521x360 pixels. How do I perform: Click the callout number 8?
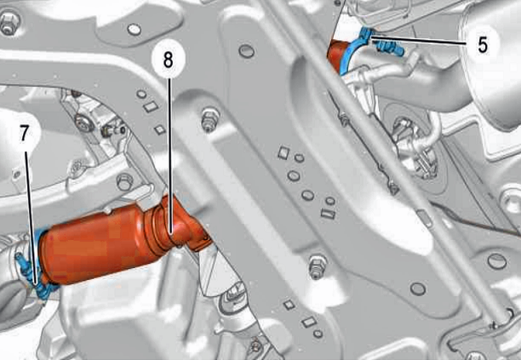click(x=168, y=60)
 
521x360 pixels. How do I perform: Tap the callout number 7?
click(x=24, y=134)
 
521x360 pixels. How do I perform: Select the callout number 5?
click(x=483, y=44)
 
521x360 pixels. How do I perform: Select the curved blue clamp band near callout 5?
click(x=354, y=50)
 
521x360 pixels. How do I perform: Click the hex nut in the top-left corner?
click(x=9, y=23)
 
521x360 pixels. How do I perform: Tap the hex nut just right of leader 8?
click(x=209, y=119)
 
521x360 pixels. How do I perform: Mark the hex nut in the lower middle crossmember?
click(x=318, y=266)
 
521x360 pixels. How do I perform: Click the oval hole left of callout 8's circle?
click(x=135, y=30)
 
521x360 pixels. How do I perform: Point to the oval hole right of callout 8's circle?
click(x=247, y=51)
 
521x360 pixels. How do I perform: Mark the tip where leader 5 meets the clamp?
click(x=371, y=38)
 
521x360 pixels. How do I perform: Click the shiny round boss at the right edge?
click(x=511, y=199)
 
